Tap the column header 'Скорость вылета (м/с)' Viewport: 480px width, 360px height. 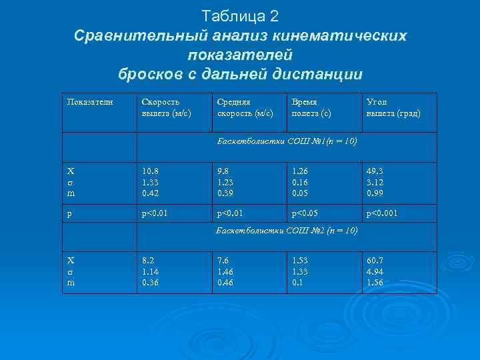(x=166, y=108)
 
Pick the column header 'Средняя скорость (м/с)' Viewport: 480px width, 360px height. (x=245, y=108)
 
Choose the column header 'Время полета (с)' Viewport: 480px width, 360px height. (x=311, y=108)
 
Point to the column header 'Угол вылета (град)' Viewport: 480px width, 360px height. (x=393, y=108)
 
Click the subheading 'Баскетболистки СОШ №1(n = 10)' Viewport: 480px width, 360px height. (x=287, y=141)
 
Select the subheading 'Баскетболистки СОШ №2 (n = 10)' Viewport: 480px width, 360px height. (x=287, y=231)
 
